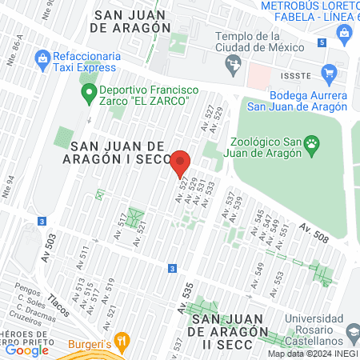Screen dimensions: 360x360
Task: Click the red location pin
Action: click(181, 164)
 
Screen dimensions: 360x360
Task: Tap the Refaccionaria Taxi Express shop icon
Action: click(42, 58)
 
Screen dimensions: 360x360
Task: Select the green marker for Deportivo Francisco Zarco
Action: click(90, 94)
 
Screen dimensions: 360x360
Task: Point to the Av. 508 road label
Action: click(315, 234)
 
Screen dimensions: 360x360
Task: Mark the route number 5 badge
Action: click(322, 42)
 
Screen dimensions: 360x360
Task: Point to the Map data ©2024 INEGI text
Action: click(311, 354)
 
